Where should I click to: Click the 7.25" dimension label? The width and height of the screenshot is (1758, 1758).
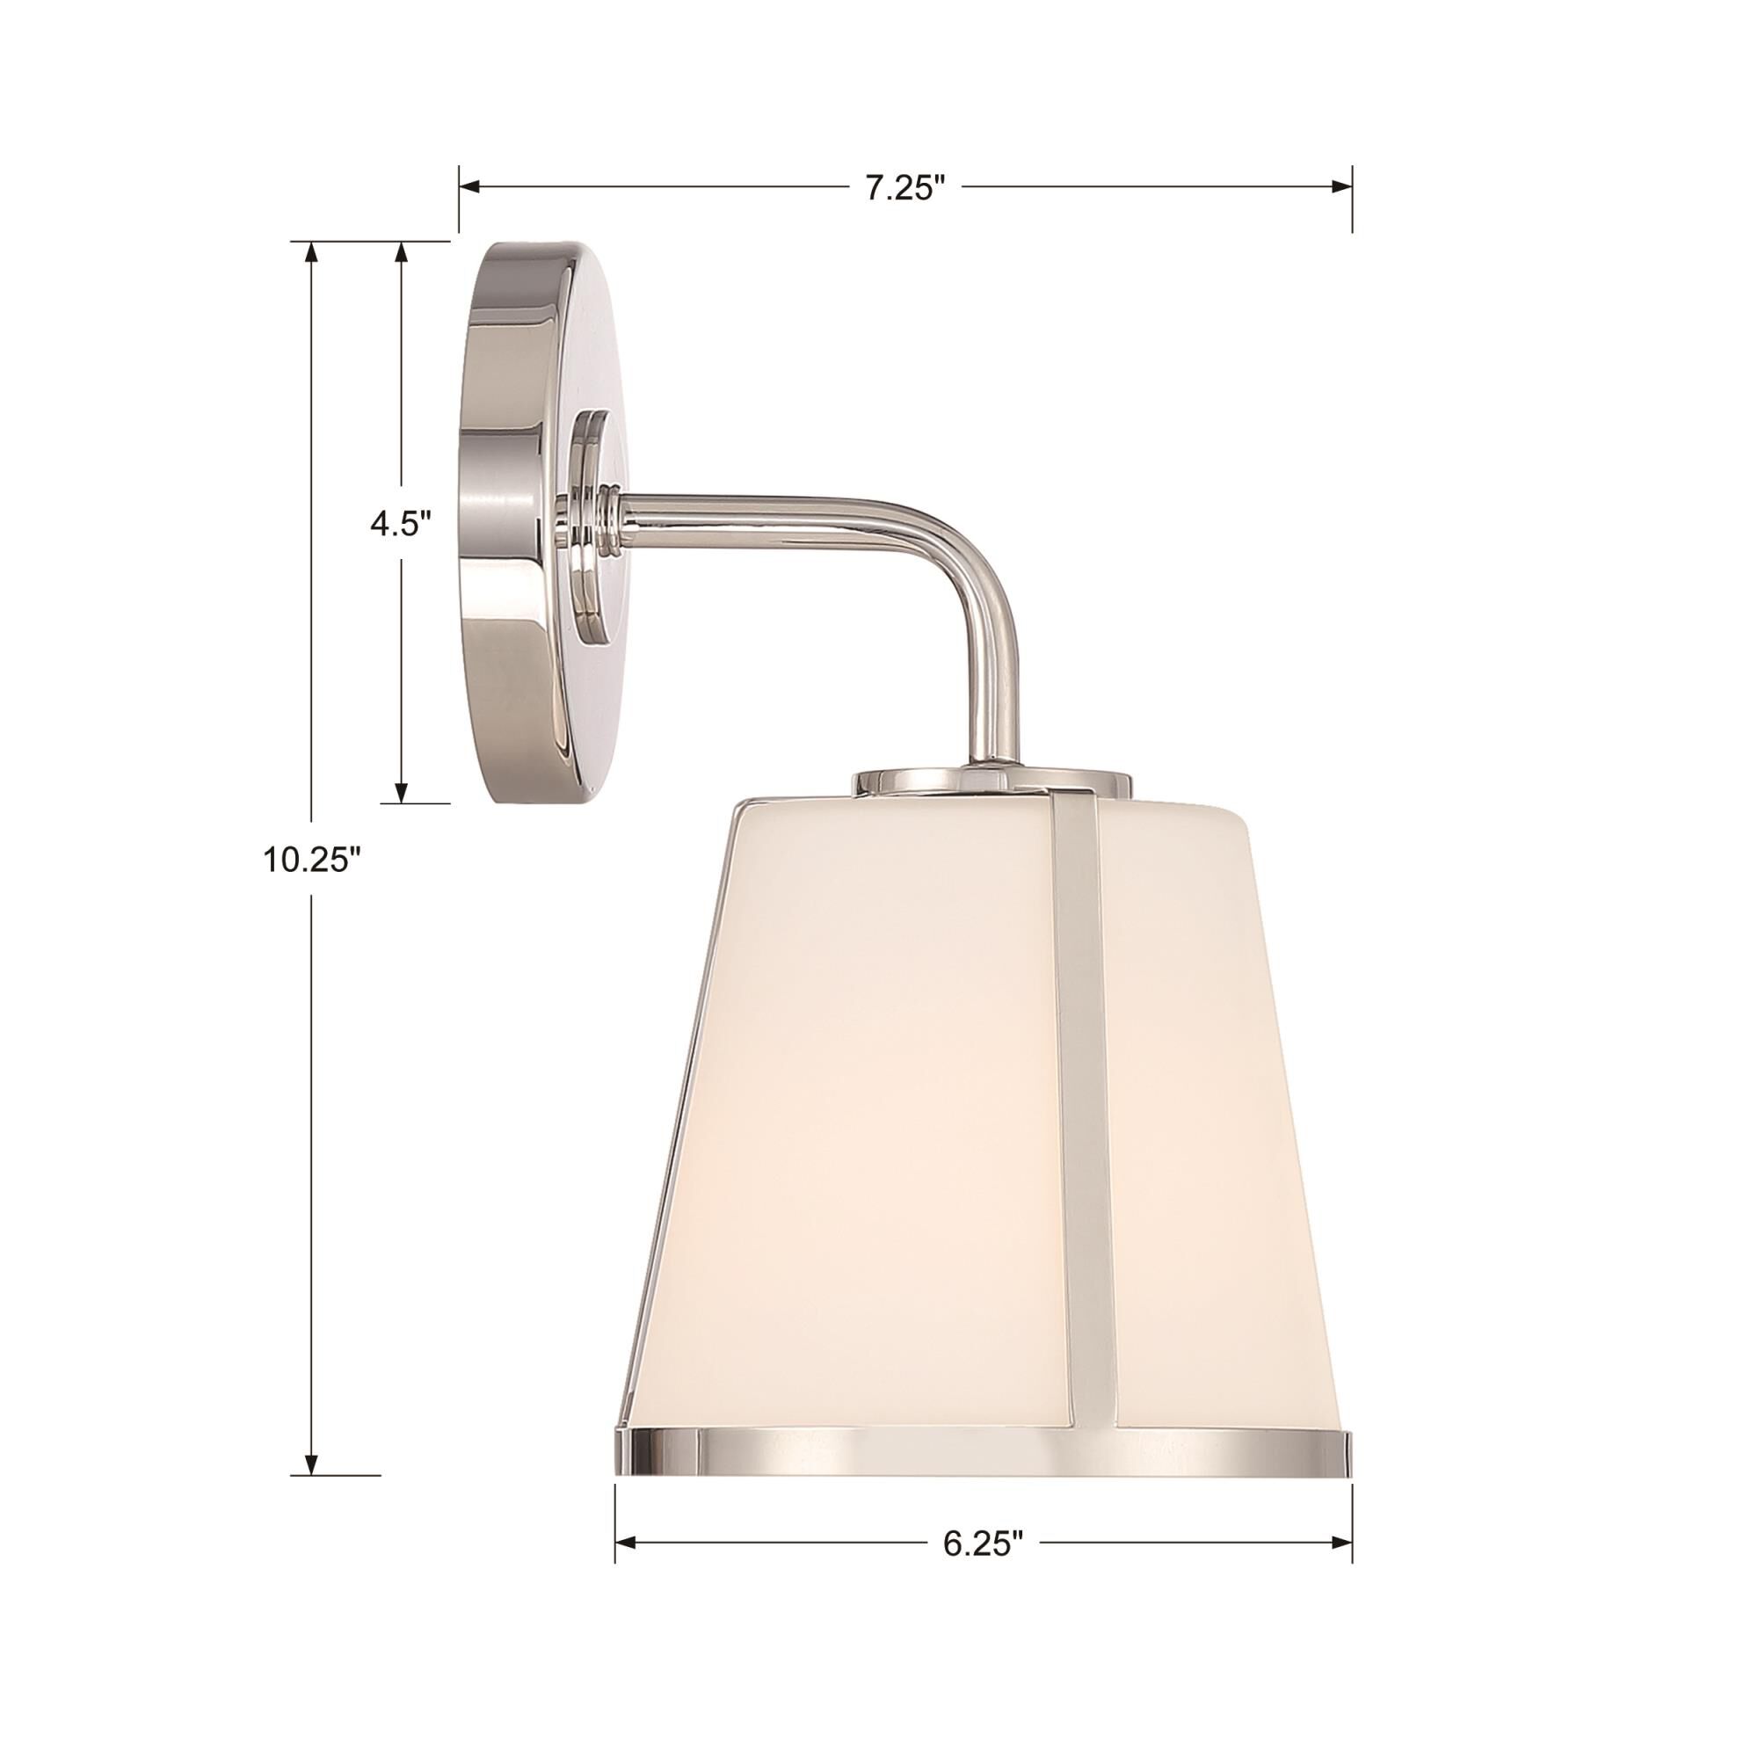904,188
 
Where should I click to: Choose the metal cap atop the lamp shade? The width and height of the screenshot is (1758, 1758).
992,780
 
